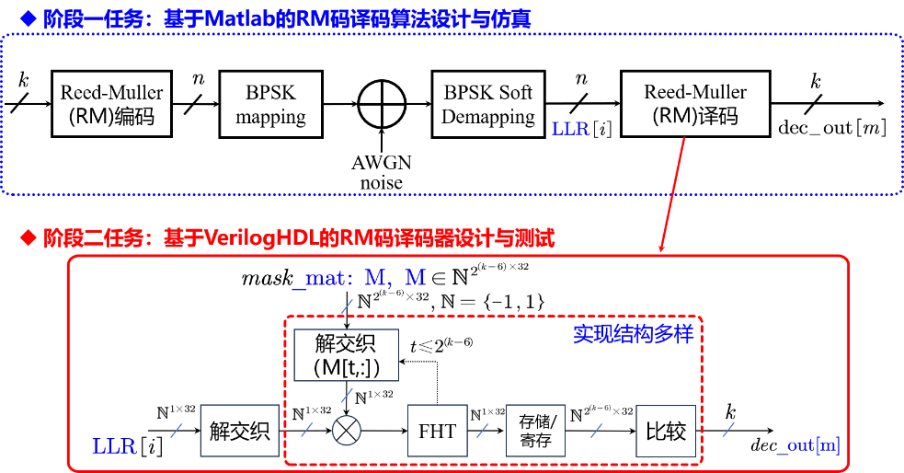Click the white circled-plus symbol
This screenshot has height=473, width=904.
(382, 104)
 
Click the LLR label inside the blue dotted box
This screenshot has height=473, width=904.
(570, 130)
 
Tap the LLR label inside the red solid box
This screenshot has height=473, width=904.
(114, 447)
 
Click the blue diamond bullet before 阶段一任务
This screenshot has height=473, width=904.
(29, 17)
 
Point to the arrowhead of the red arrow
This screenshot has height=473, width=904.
(660, 248)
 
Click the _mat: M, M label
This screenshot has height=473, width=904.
(359, 279)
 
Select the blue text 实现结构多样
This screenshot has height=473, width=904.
(633, 334)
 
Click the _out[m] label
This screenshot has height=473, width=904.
(807, 446)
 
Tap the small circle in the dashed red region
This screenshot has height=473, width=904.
(346, 430)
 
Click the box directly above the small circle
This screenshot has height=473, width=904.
(346, 355)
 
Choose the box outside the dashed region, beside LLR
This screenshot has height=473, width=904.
(239, 430)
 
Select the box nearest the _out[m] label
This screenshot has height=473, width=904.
(666, 430)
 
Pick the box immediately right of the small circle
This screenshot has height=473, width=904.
(437, 430)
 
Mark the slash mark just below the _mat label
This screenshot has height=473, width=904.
(346, 306)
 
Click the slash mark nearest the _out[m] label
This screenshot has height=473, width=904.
(728, 429)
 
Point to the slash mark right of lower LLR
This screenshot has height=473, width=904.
(177, 430)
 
